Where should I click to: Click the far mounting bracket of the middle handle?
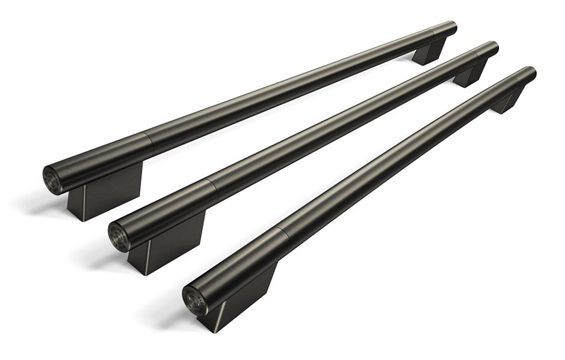tap(470, 74)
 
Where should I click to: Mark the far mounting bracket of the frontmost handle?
tap(509, 100)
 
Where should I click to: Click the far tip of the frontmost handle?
tap(531, 73)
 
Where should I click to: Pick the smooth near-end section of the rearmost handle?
tap(102, 161)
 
